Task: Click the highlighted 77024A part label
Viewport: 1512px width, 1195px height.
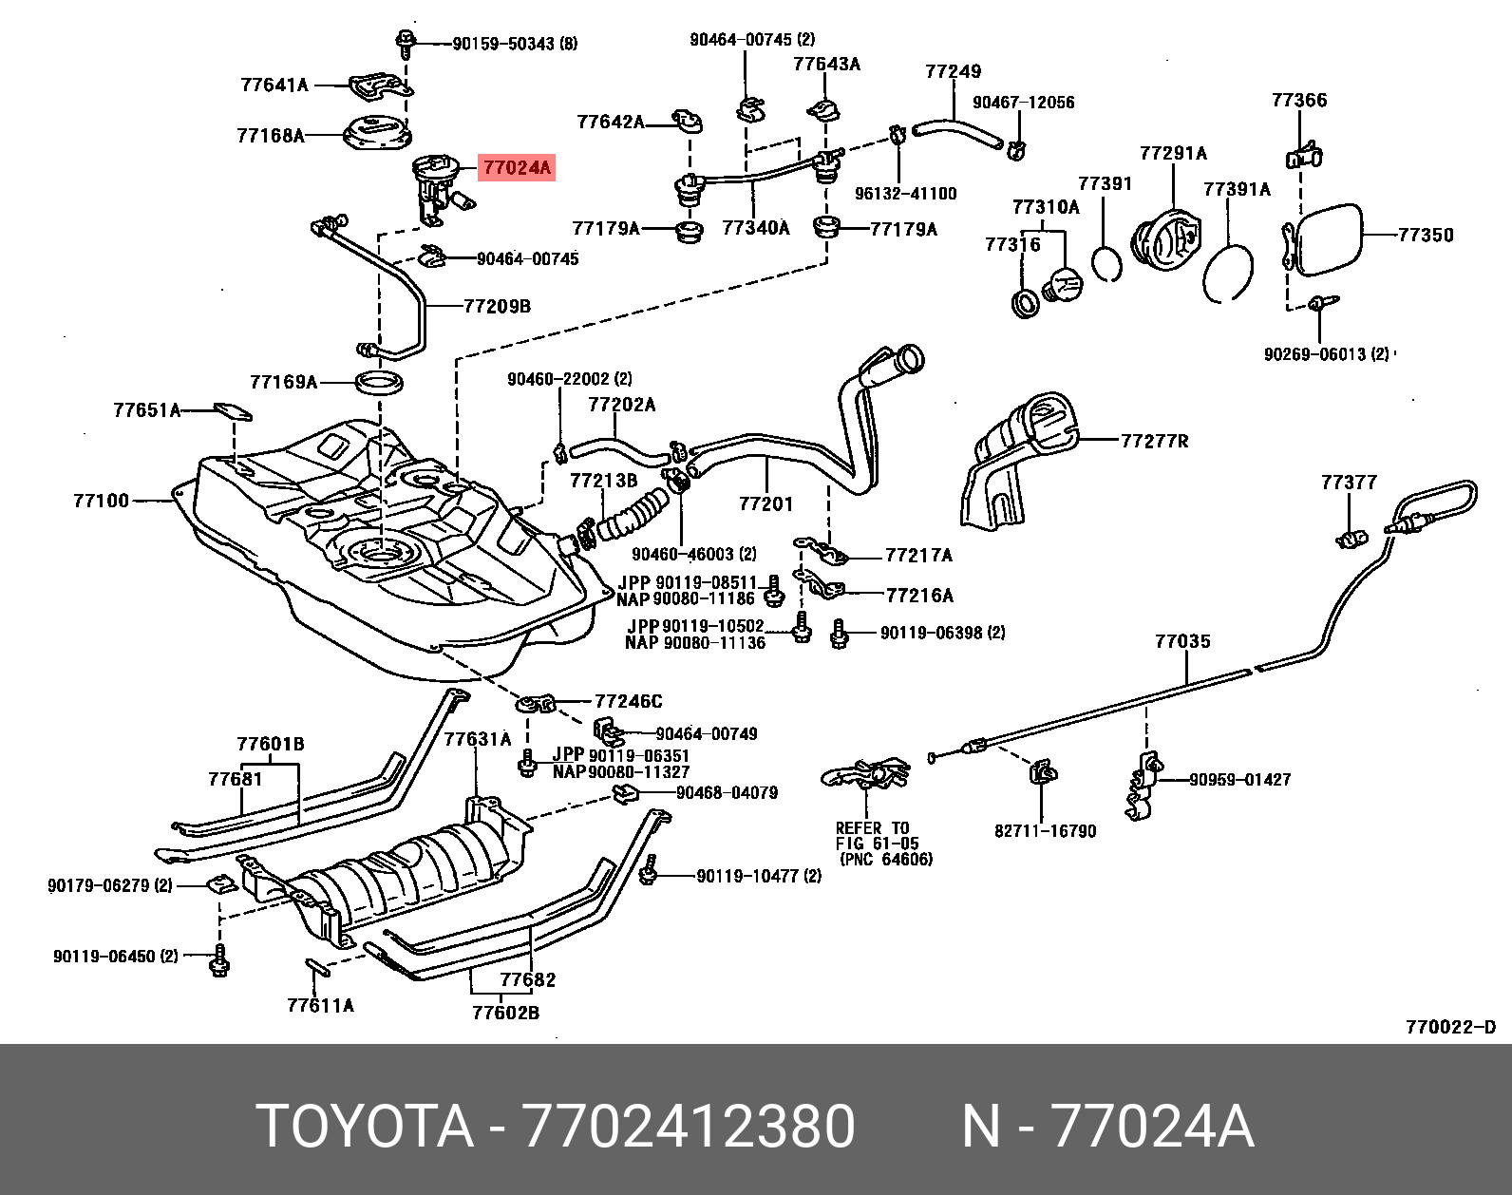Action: [516, 168]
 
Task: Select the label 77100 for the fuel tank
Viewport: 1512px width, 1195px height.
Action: [101, 501]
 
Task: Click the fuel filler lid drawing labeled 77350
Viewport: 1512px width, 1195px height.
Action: [1328, 240]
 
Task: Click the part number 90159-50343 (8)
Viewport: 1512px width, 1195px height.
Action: [514, 44]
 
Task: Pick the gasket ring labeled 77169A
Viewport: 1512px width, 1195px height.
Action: [379, 383]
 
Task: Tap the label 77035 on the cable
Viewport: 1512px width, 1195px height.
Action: [1182, 641]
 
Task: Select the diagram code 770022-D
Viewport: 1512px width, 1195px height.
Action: [1450, 1027]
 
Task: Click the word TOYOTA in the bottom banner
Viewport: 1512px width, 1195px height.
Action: [365, 1127]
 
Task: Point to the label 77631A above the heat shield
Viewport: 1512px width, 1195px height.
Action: [478, 739]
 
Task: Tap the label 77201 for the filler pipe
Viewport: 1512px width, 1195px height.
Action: [765, 504]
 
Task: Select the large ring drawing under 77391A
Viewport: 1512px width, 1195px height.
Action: [1228, 273]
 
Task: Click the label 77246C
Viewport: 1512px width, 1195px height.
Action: [628, 701]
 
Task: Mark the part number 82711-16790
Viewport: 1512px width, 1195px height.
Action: [1045, 831]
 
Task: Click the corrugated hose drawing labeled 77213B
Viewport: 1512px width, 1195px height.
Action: [631, 513]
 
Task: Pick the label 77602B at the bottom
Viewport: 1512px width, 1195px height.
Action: [505, 1013]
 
